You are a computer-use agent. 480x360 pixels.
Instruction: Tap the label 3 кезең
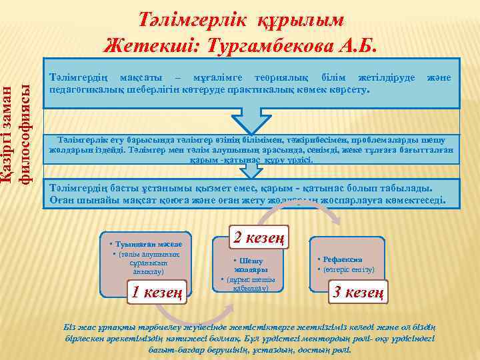359,291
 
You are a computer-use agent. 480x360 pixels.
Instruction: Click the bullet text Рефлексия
345,259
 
